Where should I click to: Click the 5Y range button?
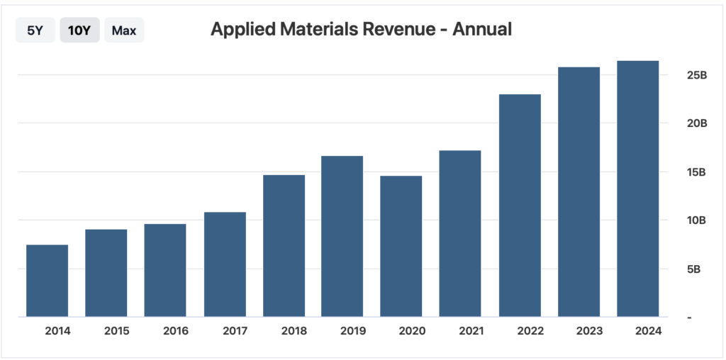(x=35, y=30)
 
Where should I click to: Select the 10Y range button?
(x=79, y=30)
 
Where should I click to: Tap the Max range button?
(x=124, y=30)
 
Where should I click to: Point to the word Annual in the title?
(x=482, y=30)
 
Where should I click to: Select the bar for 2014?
(x=47, y=281)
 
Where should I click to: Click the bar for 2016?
(x=165, y=270)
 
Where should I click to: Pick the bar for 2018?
(x=284, y=245)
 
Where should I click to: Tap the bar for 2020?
(x=401, y=246)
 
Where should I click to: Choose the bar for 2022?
(x=520, y=206)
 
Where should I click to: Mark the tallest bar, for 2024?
(x=638, y=189)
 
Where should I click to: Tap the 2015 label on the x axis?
(x=116, y=331)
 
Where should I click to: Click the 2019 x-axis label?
(x=353, y=331)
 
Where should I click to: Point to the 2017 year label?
(x=235, y=331)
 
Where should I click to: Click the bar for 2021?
(x=460, y=233)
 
